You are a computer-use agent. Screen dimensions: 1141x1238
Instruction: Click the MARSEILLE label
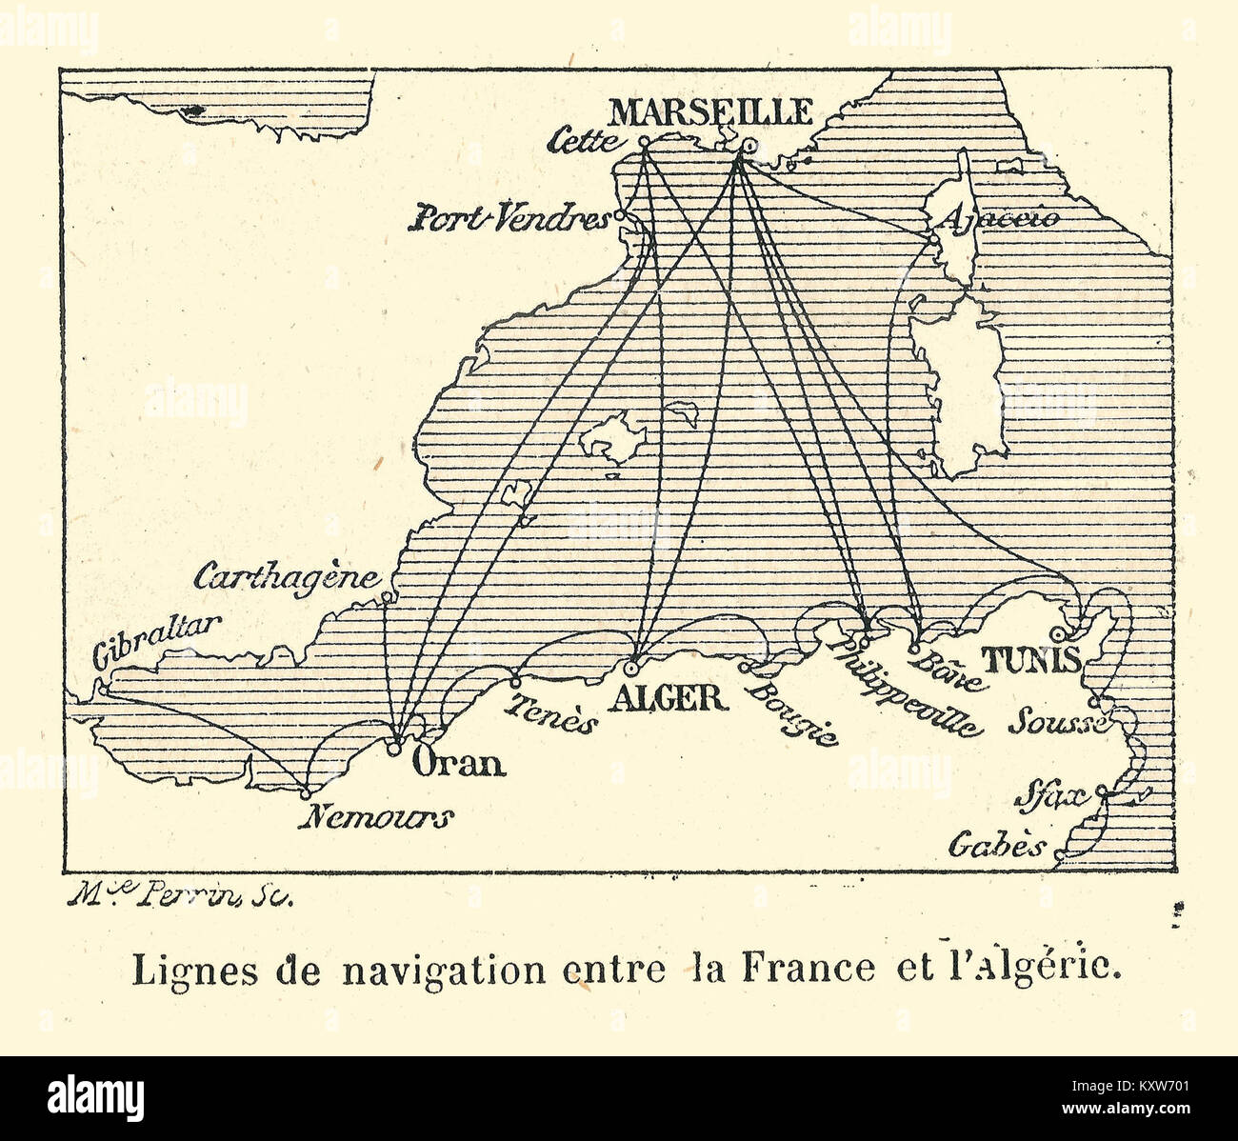[x=710, y=111]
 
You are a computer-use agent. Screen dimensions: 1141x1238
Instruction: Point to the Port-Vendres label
[x=509, y=220]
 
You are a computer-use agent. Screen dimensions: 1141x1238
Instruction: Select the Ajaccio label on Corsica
[x=1000, y=218]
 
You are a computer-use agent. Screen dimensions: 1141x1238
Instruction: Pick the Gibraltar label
[x=156, y=640]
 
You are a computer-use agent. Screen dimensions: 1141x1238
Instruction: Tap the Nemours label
[x=375, y=817]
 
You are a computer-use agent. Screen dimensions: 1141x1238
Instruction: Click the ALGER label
[x=672, y=698]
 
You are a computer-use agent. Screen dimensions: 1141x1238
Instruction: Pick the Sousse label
[x=1055, y=721]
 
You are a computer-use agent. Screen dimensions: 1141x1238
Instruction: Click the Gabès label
[x=996, y=846]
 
